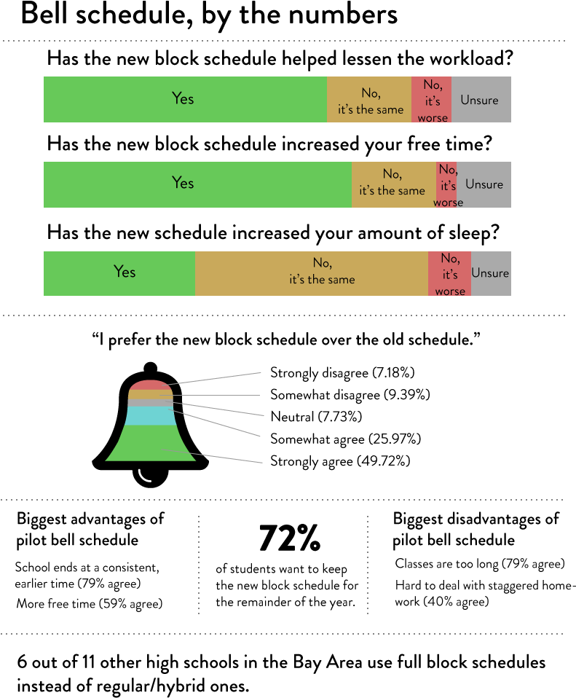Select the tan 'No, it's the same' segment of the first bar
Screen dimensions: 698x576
[x=369, y=99]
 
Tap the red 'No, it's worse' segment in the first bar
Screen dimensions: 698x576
[x=431, y=99]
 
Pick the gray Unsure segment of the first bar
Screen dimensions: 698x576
[x=481, y=99]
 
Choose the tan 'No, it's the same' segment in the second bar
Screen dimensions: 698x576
[x=394, y=184]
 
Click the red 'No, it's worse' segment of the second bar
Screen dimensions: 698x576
[x=446, y=184]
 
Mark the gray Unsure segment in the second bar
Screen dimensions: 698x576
[x=484, y=184]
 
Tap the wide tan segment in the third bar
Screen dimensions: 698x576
[x=311, y=273]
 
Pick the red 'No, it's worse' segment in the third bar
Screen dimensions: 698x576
[x=449, y=273]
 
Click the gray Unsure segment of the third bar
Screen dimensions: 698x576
[x=491, y=273]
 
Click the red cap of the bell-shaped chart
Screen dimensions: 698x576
[x=150, y=384]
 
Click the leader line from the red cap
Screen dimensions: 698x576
[x=218, y=377]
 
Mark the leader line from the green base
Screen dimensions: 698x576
[x=218, y=457]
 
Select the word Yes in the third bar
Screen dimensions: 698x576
[x=125, y=272]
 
